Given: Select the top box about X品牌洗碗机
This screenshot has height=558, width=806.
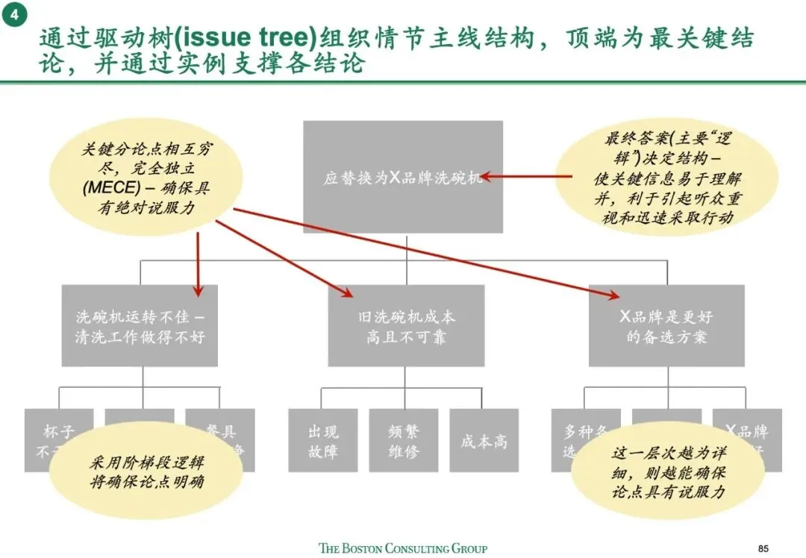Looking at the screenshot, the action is [403, 178].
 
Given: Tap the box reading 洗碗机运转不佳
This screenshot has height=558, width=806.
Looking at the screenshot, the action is [140, 326].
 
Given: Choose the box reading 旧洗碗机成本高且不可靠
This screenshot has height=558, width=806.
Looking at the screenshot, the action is [406, 326].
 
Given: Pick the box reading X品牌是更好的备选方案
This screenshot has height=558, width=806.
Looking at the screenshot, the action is [666, 326].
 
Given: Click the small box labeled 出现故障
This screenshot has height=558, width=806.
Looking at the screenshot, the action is [323, 440].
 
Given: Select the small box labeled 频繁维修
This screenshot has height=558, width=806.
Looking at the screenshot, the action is [403, 440].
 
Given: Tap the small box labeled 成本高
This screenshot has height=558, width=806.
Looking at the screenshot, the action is [484, 440].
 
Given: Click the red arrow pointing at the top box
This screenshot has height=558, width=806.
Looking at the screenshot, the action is [522, 178].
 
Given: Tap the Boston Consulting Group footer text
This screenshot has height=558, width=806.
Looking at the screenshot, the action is [403, 548].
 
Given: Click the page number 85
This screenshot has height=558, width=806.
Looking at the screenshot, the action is [762, 548].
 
